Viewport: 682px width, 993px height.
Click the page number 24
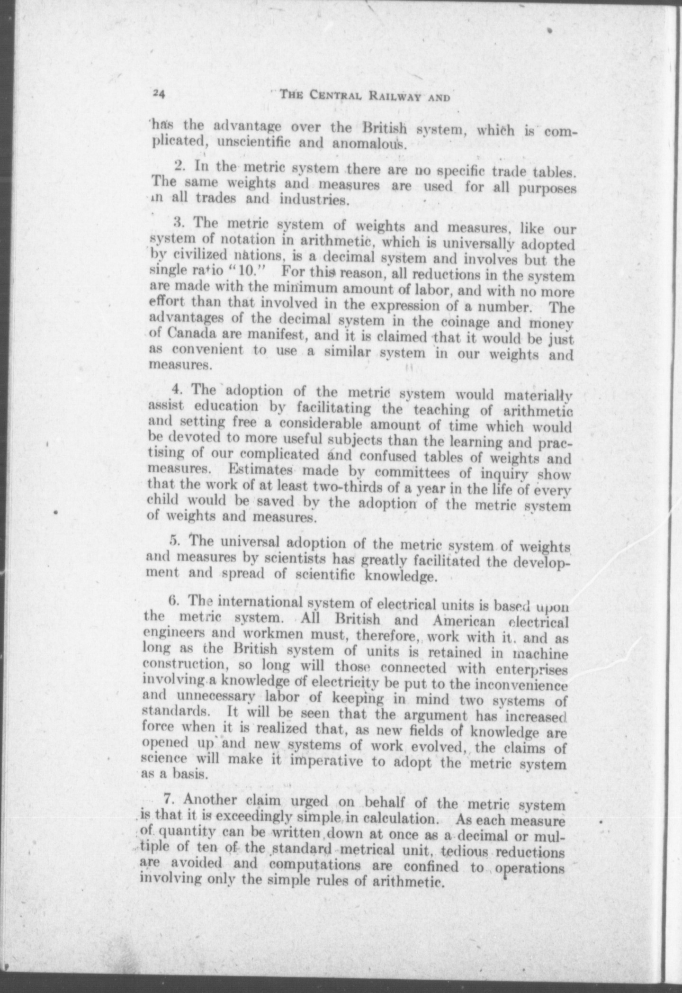(x=158, y=94)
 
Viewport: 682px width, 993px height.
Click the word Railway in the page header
(x=389, y=96)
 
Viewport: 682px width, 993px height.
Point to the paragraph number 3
(x=178, y=221)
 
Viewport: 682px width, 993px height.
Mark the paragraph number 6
(x=173, y=601)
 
